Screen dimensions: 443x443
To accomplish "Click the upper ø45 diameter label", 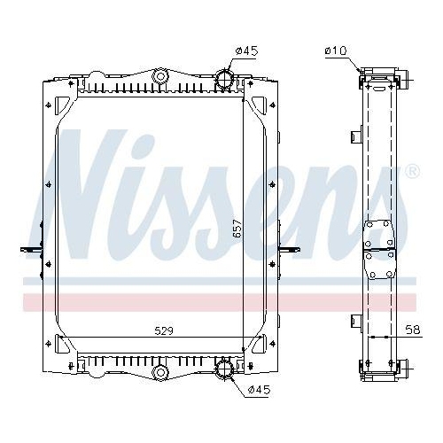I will (246, 51).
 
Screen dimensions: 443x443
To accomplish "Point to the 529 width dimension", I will (161, 332).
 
